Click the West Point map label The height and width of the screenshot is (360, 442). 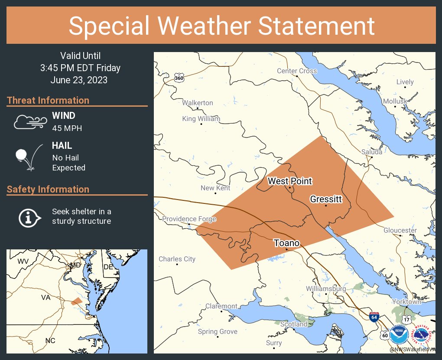click(289, 181)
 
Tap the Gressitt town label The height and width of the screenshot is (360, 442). click(326, 199)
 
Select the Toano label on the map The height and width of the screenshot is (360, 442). click(286, 243)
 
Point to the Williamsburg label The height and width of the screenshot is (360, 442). click(326, 288)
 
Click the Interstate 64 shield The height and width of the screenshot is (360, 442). click(374, 317)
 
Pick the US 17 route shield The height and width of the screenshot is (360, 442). click(406, 319)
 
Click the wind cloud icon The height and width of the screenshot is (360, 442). click(29, 122)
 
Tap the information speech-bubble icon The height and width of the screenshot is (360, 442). click(29, 217)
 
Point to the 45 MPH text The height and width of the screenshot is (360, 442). click(67, 128)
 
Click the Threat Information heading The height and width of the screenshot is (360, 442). click(48, 100)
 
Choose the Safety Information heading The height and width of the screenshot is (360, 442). click(48, 189)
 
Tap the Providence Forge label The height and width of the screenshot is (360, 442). click(189, 219)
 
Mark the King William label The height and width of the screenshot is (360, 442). click(201, 118)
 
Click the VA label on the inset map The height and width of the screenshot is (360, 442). click(46, 298)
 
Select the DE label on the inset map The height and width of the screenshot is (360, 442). click(108, 267)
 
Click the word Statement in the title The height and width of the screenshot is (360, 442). click(316, 26)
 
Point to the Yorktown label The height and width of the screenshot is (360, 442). click(406, 301)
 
